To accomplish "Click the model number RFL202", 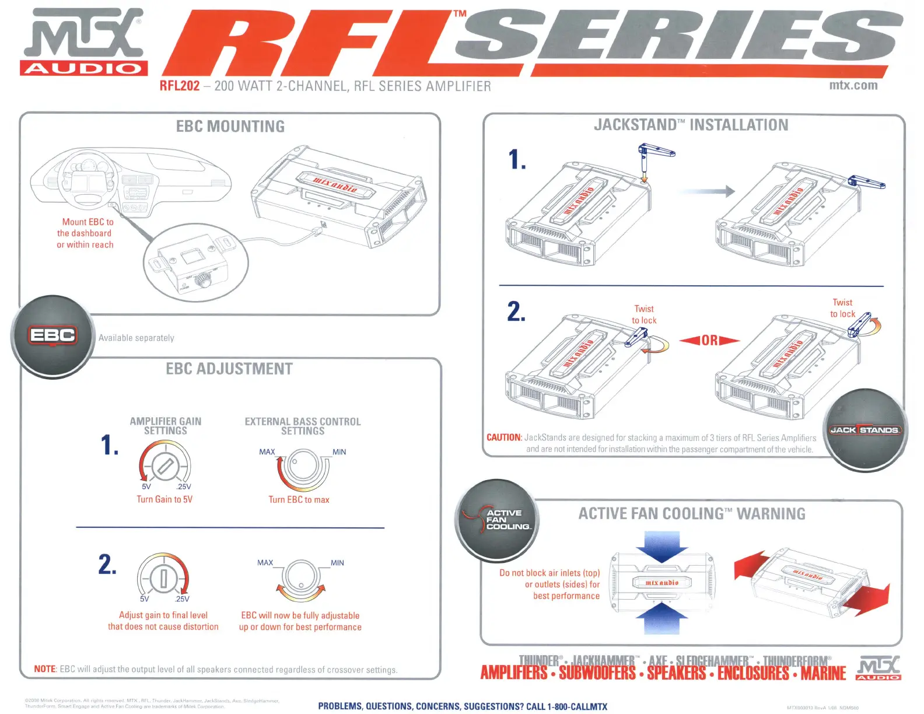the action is (x=180, y=86).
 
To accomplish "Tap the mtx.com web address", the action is (x=853, y=85).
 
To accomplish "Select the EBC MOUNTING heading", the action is (x=230, y=127).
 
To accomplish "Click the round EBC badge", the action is (x=52, y=337).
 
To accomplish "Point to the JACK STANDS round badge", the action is (x=864, y=430).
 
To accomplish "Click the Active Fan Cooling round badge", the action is (x=498, y=520).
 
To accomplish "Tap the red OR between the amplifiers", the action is (x=709, y=340).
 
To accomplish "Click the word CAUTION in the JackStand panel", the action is (x=503, y=437).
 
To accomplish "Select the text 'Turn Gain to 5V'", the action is (x=164, y=499).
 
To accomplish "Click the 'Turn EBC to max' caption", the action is (x=299, y=500).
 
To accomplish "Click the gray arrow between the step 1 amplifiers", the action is (x=706, y=191).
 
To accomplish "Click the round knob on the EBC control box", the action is (x=205, y=280).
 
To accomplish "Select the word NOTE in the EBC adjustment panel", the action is (x=45, y=669).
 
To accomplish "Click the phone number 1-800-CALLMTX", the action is (x=577, y=706).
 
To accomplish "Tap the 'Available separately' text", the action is (x=136, y=338).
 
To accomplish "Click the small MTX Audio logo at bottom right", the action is (x=878, y=668).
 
